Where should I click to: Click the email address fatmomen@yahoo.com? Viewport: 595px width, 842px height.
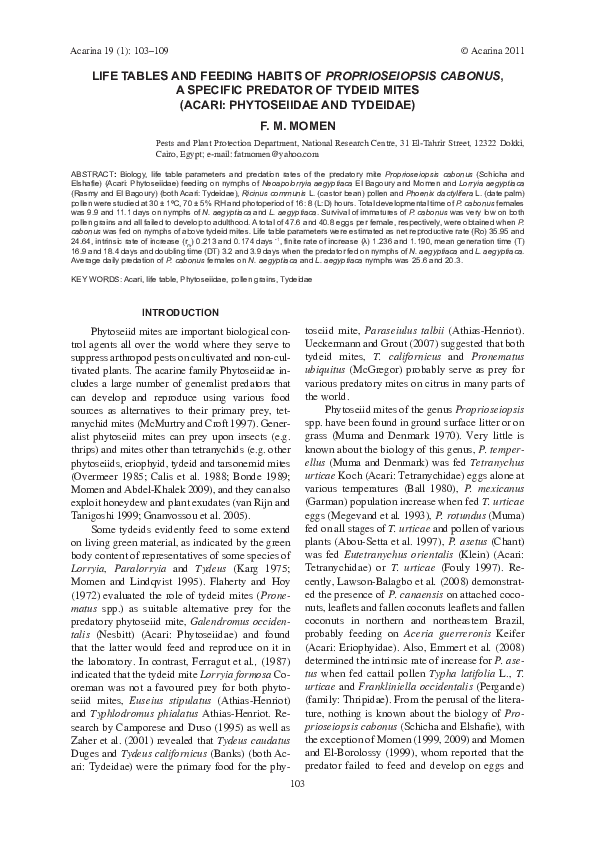(x=276, y=155)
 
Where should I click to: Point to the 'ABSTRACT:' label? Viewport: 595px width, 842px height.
(x=95, y=172)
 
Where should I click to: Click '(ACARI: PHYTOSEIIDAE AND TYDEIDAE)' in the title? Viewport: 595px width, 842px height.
(x=297, y=103)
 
